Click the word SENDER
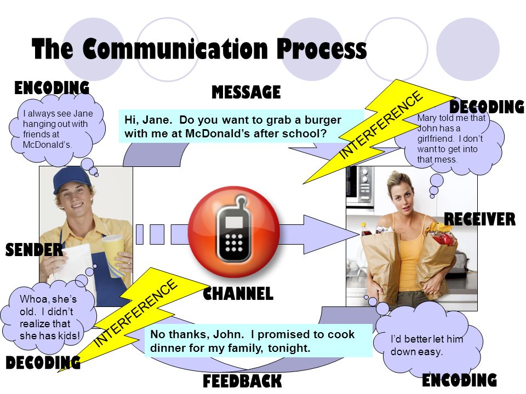(34, 250)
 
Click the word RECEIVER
(480, 219)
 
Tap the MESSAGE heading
(246, 92)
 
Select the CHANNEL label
(238, 293)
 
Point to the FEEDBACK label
(242, 381)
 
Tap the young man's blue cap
(72, 179)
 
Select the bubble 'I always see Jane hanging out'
(58, 130)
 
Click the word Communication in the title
(175, 49)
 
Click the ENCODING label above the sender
(52, 88)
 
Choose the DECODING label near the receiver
(487, 107)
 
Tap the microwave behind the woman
(359, 184)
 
